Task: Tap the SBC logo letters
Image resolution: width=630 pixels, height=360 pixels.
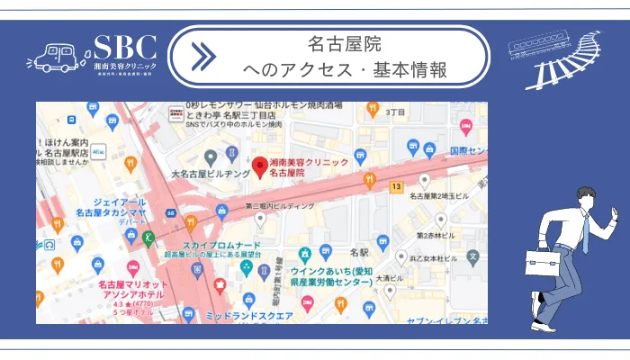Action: click(x=125, y=48)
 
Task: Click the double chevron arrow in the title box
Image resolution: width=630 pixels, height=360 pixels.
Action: click(x=204, y=57)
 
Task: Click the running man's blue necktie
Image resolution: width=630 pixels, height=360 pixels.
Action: click(x=586, y=236)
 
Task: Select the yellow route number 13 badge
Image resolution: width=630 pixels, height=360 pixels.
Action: click(x=395, y=185)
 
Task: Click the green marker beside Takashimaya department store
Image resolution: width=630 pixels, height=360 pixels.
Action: click(x=148, y=238)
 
